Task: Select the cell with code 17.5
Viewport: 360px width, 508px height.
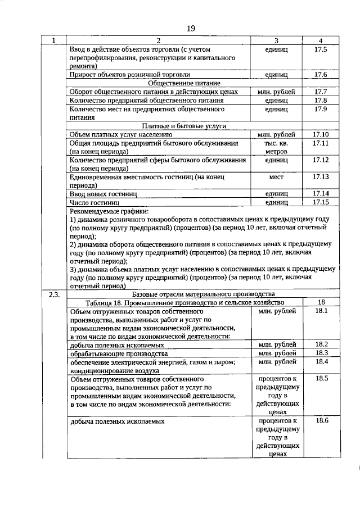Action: coord(320,50)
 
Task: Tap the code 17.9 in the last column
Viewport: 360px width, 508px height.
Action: coord(320,109)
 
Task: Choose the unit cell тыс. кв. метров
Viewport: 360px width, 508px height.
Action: coord(276,147)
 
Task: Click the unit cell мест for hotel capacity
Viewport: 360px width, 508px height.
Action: coord(276,176)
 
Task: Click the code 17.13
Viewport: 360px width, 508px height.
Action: coord(320,176)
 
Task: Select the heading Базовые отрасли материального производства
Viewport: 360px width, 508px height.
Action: coord(203,294)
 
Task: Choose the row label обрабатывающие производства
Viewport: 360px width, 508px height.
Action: coord(119,354)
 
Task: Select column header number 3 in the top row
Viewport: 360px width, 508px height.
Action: coord(276,40)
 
